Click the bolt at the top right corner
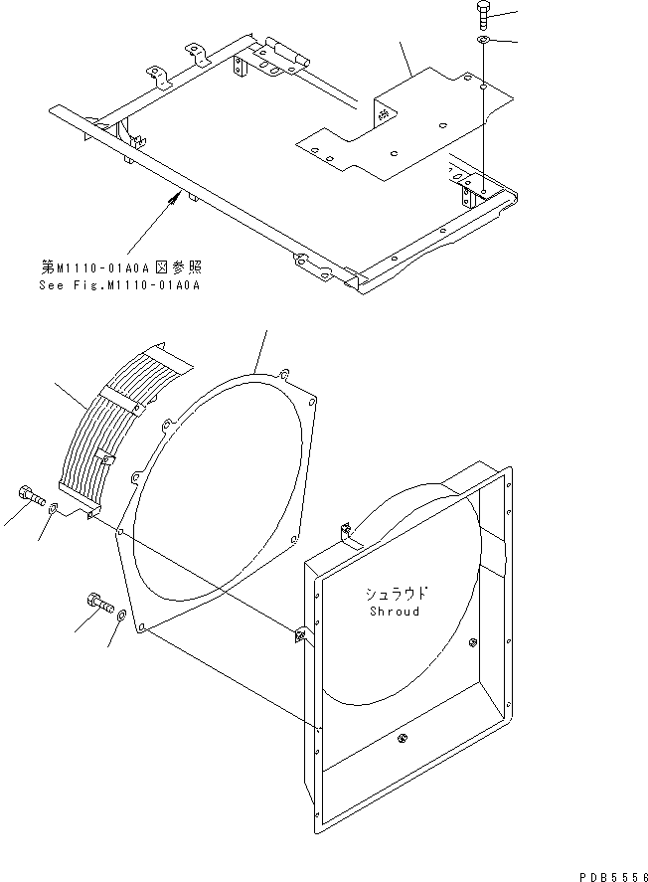pos(481,14)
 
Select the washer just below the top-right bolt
pos(482,41)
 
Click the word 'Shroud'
pos(394,611)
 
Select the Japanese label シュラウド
pos(396,594)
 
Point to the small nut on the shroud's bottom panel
pos(402,737)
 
